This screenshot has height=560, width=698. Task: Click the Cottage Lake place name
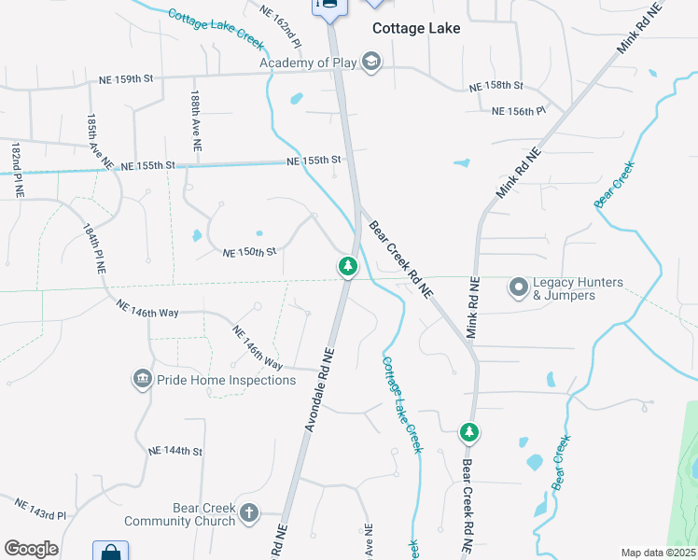pyautogui.click(x=416, y=28)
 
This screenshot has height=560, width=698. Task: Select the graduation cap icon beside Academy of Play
pyautogui.click(x=371, y=63)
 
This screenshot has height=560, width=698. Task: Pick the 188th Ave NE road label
pyautogui.click(x=195, y=121)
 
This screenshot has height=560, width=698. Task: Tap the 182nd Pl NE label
pyautogui.click(x=17, y=170)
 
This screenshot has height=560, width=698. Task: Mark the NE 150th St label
pyautogui.click(x=249, y=252)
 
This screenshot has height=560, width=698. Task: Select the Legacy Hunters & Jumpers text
pyautogui.click(x=564, y=289)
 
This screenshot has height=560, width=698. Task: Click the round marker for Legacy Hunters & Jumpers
pyautogui.click(x=518, y=288)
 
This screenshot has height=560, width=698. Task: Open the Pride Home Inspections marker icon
pyautogui.click(x=142, y=379)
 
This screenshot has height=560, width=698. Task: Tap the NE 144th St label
pyautogui.click(x=175, y=451)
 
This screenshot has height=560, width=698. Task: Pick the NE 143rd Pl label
pyautogui.click(x=40, y=509)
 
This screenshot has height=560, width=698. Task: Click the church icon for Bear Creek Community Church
pyautogui.click(x=248, y=512)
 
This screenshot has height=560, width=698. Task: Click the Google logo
pyautogui.click(x=31, y=548)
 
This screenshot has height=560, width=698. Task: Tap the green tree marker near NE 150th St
pyautogui.click(x=348, y=267)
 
